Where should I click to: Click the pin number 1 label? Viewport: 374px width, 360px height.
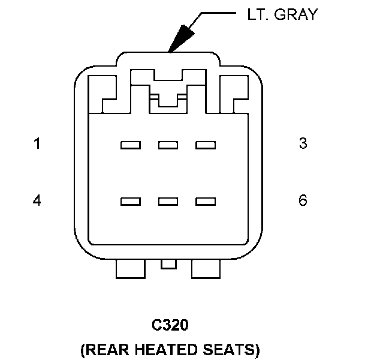[x=37, y=144]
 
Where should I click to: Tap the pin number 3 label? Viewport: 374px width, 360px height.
[x=303, y=144]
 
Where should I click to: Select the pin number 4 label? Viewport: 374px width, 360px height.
[x=37, y=200]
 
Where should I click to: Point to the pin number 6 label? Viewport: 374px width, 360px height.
[x=303, y=200]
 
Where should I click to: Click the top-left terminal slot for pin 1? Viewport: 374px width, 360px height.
[x=130, y=145]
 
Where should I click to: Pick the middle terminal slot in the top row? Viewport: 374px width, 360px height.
[x=168, y=145]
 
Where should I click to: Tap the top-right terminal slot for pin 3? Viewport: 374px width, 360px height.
[x=205, y=145]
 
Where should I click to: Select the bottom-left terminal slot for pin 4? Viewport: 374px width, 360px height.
[x=130, y=202]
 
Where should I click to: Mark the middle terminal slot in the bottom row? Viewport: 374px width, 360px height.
[x=168, y=202]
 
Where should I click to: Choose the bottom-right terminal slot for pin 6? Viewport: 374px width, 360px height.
[x=205, y=202]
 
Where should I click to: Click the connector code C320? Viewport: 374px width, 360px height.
[x=170, y=325]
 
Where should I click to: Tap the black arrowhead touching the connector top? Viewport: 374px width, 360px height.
[x=180, y=40]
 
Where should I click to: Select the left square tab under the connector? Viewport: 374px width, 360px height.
[x=130, y=269]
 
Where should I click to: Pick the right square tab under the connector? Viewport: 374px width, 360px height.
[x=206, y=269]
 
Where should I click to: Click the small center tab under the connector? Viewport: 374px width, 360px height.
[x=168, y=263]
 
